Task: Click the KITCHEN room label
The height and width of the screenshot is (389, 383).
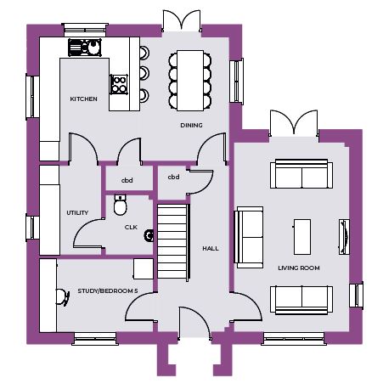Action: [83, 99]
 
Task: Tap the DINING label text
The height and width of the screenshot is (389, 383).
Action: [191, 125]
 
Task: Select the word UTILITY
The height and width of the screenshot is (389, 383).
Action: [77, 212]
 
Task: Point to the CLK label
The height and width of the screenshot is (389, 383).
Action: [131, 227]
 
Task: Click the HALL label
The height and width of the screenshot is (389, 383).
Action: [211, 249]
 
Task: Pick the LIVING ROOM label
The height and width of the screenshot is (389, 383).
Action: [299, 268]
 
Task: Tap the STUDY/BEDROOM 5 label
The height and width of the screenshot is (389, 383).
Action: [108, 291]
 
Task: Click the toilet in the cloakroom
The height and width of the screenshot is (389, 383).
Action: [121, 205]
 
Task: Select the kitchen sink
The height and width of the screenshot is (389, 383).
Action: [85, 48]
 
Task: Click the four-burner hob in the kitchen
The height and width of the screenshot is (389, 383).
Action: [119, 84]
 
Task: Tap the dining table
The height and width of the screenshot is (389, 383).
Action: [190, 81]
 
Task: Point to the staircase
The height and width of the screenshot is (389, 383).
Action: [173, 242]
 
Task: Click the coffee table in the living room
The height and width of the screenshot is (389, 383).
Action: [302, 237]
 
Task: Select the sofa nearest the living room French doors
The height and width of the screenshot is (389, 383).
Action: [301, 174]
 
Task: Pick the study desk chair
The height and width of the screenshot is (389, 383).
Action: [63, 297]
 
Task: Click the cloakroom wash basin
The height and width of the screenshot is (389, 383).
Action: [149, 235]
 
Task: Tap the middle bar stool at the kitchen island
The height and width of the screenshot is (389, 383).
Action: [144, 73]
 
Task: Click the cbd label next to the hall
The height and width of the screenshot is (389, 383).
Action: [173, 177]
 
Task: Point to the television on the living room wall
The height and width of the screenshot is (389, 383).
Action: [344, 237]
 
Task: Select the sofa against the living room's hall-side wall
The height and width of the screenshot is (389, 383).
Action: [249, 237]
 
